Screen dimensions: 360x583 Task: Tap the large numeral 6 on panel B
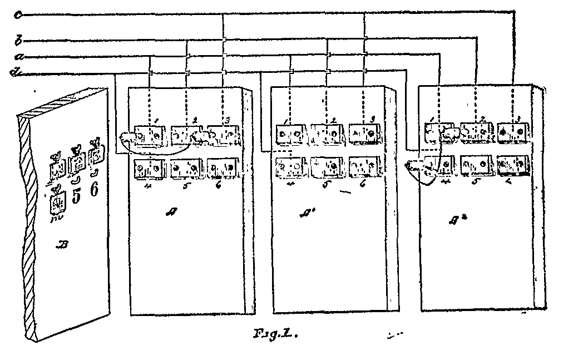(94, 190)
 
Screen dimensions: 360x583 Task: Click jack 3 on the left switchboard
(223, 134)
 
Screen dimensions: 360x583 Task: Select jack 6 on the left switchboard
(223, 167)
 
